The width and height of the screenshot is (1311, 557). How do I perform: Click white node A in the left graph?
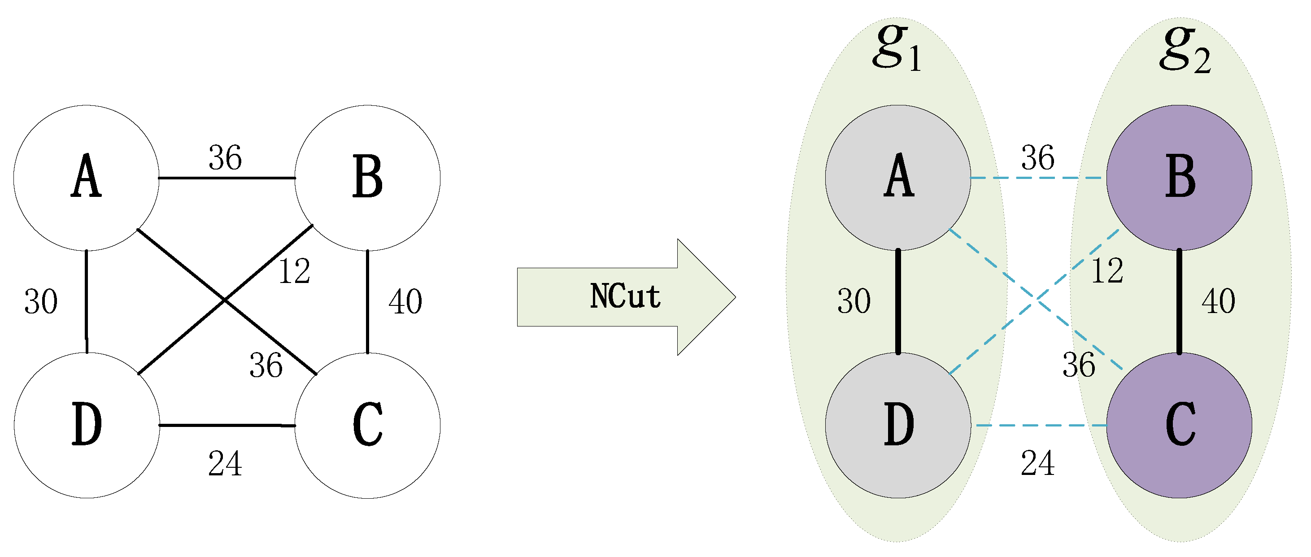pyautogui.click(x=86, y=178)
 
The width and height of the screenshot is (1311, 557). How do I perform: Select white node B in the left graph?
pyautogui.click(x=367, y=178)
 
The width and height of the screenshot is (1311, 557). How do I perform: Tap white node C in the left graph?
pyautogui.click(x=367, y=425)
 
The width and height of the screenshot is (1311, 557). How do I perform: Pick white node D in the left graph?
pyautogui.click(x=87, y=425)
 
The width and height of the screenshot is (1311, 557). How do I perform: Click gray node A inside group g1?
pyautogui.click(x=898, y=178)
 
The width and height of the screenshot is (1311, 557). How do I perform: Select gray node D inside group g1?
pyautogui.click(x=898, y=425)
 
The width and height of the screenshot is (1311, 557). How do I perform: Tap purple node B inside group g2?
pyautogui.click(x=1179, y=178)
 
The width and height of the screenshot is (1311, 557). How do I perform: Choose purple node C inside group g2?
pyautogui.click(x=1179, y=425)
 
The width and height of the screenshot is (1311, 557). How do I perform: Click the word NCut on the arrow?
pyautogui.click(x=625, y=296)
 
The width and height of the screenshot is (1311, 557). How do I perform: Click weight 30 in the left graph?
pyautogui.click(x=41, y=302)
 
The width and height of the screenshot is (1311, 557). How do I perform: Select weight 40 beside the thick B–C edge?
pyautogui.click(x=1218, y=302)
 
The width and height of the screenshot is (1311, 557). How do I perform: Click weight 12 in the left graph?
pyautogui.click(x=294, y=271)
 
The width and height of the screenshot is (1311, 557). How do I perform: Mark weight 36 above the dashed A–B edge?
pyautogui.click(x=1038, y=158)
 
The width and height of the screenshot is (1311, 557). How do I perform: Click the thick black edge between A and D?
pyautogui.click(x=898, y=302)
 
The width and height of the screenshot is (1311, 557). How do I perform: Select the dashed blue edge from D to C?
pyautogui.click(x=1038, y=425)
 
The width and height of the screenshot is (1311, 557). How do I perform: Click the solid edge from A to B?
pyautogui.click(x=226, y=178)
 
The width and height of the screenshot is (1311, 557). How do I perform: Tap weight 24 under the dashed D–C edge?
pyautogui.click(x=1038, y=464)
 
